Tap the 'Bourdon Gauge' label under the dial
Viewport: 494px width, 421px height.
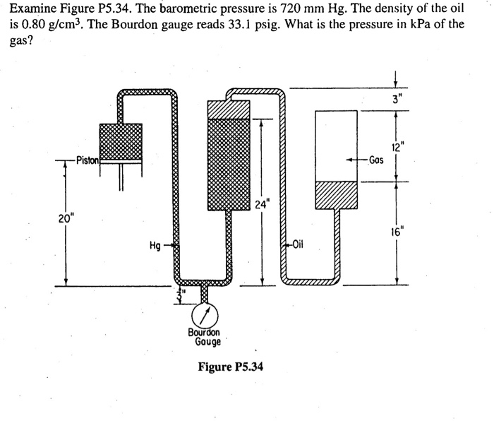[204, 337]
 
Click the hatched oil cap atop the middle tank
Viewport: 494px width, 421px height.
[227, 109]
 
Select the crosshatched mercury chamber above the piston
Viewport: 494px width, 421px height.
[121, 141]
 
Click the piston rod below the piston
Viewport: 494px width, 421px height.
[121, 177]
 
